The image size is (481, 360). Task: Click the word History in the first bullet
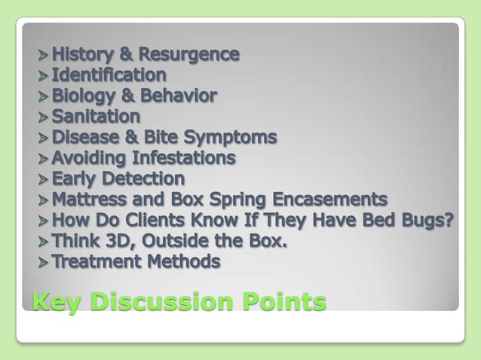click(78, 54)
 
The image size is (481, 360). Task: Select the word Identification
click(109, 75)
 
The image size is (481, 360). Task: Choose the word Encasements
click(330, 200)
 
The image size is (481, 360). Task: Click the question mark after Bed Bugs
click(451, 221)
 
